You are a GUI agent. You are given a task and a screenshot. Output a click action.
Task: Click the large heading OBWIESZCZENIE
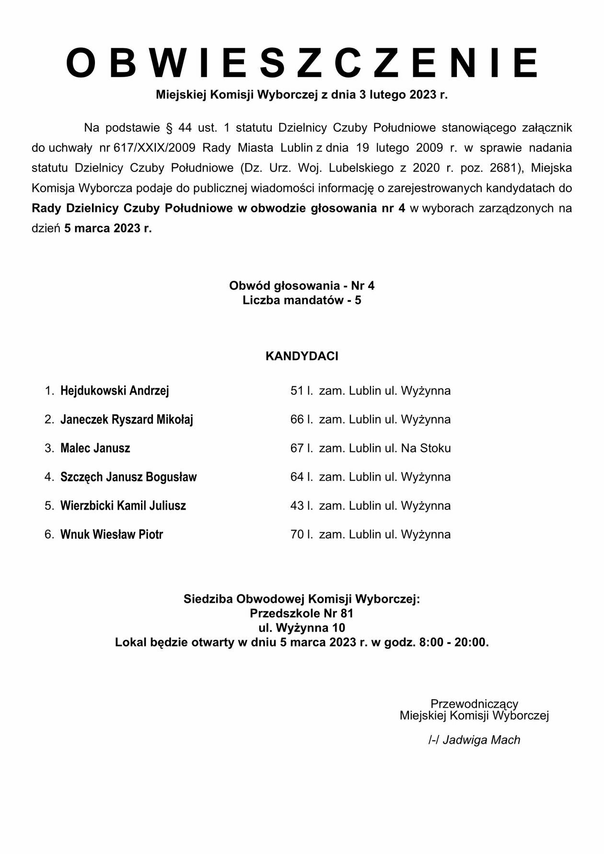(302, 63)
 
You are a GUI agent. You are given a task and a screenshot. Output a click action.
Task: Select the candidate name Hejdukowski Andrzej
(115, 391)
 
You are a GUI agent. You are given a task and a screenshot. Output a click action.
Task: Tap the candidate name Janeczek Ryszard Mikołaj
(127, 419)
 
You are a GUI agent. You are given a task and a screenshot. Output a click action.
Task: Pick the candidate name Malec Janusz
(95, 448)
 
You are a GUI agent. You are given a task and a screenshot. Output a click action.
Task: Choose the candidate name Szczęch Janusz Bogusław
(128, 477)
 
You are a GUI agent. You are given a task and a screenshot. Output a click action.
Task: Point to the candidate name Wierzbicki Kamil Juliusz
(123, 506)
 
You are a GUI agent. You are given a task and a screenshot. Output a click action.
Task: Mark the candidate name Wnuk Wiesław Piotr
(112, 534)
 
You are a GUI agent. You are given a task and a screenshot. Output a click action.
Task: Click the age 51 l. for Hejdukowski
(302, 391)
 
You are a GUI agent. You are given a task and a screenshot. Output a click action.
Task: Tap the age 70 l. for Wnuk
(302, 534)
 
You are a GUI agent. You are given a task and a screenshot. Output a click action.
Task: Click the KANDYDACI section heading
(302, 356)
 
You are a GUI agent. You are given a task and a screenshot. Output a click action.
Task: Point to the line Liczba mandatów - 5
(302, 300)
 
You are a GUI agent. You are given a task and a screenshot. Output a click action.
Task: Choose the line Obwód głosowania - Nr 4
(302, 286)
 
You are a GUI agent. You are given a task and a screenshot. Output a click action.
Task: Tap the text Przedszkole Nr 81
(302, 613)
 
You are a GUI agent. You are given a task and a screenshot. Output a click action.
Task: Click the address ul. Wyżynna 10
(302, 628)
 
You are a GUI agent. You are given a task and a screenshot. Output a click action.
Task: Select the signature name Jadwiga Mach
(481, 740)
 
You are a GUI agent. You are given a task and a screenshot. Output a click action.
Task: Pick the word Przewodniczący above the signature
(474, 704)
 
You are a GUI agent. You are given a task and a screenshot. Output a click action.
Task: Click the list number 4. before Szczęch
(49, 477)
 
